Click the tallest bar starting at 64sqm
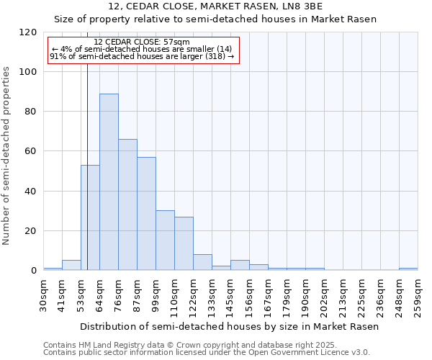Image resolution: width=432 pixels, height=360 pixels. (109, 182)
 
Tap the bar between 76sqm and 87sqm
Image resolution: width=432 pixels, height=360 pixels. (127, 204)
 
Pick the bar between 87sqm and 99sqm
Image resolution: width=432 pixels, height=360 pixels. (146, 214)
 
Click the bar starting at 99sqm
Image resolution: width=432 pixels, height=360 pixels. (165, 240)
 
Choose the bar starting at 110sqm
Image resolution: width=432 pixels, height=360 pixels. (184, 243)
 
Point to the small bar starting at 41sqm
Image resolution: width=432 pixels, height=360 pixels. (71, 265)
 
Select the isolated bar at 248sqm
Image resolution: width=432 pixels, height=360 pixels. (408, 269)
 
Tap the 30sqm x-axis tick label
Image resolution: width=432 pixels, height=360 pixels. (43, 295)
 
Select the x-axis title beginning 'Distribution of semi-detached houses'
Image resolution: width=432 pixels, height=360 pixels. (229, 326)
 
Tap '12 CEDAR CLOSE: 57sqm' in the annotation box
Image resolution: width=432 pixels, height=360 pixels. (142, 42)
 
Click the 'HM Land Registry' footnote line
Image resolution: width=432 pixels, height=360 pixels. (205, 345)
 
